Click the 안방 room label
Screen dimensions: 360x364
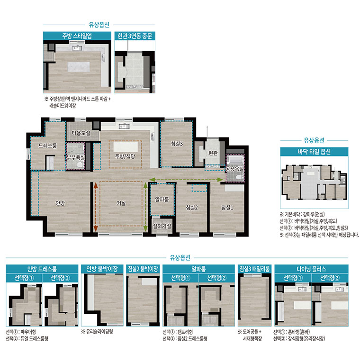coord(60,203)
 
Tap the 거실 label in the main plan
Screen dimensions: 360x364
coord(121,203)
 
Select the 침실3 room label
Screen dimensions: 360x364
coord(177,144)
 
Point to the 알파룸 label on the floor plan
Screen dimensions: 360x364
coord(162,199)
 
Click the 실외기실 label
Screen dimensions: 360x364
coord(162,226)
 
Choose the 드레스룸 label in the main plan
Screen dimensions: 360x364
coord(47,146)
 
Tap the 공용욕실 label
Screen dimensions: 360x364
coord(234,169)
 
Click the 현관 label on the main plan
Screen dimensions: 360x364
coord(213,153)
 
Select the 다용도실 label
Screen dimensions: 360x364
coord(81,133)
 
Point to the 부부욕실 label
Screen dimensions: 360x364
coord(76,157)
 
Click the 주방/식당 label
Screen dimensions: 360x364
coord(125,156)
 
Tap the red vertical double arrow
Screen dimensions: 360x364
coord(96,207)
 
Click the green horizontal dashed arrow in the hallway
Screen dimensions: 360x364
coord(186,180)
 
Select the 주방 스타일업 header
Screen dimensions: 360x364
coord(77,36)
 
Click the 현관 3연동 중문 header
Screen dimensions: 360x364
coord(135,36)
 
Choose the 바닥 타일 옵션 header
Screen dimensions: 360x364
coord(314,152)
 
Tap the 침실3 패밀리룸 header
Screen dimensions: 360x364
coord(254,269)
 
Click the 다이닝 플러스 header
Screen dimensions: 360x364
coord(311,269)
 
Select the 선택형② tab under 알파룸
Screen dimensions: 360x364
coord(216,278)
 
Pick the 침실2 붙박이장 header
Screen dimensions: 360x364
coord(143,269)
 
